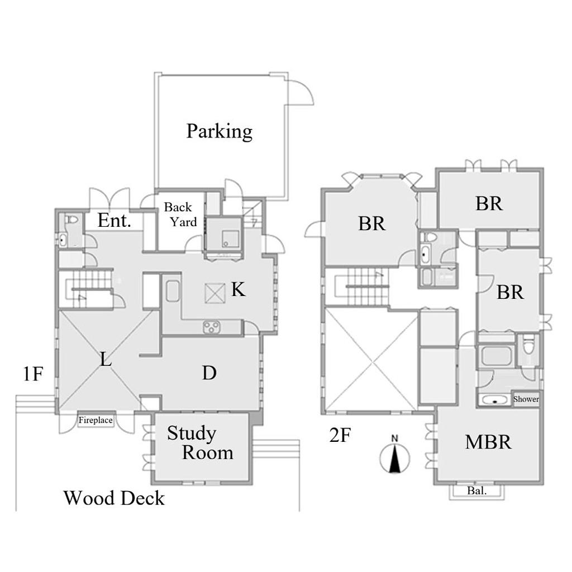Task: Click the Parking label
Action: [219, 131]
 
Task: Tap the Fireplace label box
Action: [96, 420]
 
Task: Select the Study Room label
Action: [200, 443]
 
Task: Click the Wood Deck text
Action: [114, 498]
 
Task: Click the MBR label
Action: [488, 442]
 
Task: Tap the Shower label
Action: [526, 399]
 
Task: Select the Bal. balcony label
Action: [477, 490]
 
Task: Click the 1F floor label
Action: [33, 374]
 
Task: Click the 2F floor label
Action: [340, 435]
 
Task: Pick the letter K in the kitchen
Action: [239, 290]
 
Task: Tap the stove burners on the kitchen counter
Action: [212, 327]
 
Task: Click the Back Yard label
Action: [180, 214]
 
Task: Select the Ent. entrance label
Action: [114, 220]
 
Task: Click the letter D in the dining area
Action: [209, 373]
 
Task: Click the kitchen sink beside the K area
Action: [173, 290]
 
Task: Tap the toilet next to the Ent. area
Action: [72, 220]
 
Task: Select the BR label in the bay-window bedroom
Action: [371, 223]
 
